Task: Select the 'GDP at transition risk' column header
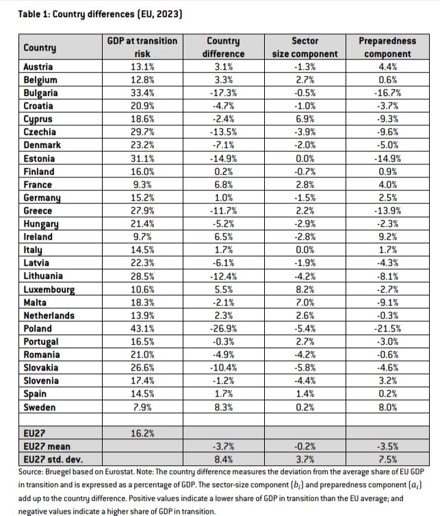[142, 47]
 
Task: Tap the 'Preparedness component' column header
[387, 47]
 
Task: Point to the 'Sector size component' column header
[305, 47]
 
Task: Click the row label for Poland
[38, 328]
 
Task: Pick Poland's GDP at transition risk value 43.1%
[142, 328]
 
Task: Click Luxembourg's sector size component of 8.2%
[305, 289]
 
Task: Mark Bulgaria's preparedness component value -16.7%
[387, 93]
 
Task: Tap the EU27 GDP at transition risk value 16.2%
[142, 433]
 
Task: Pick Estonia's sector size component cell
[305, 158]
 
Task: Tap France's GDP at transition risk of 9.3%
[142, 184]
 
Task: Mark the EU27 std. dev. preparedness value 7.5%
[387, 459]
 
